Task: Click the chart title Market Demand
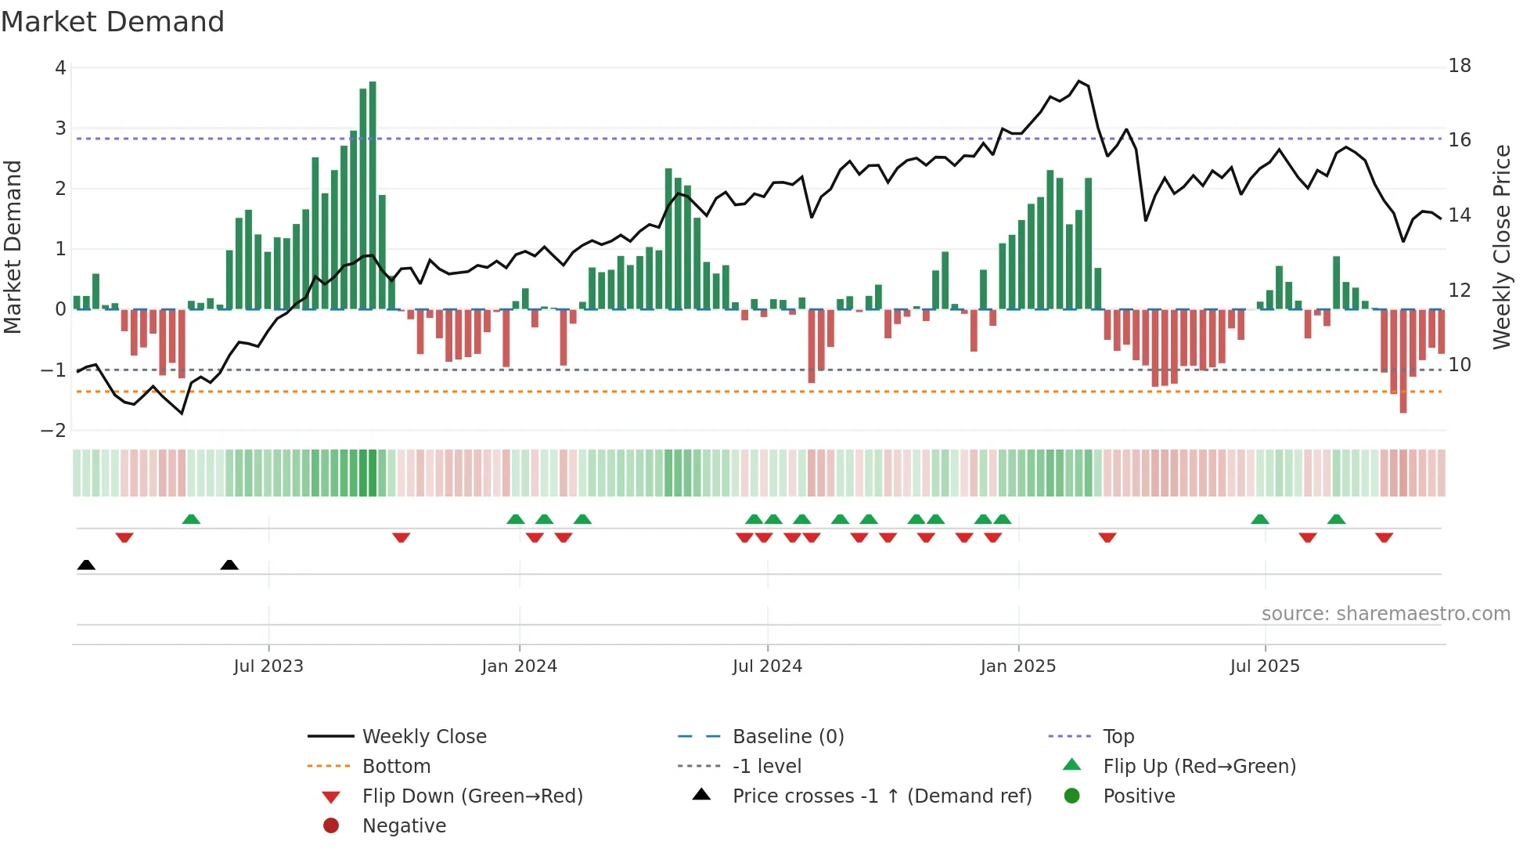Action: click(113, 22)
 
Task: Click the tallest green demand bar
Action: click(373, 196)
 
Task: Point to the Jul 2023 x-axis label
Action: click(268, 666)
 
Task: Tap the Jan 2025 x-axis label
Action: click(1017, 666)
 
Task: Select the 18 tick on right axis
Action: click(1459, 66)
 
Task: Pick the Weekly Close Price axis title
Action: click(1501, 247)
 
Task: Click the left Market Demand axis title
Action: click(13, 247)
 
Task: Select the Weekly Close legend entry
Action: click(423, 737)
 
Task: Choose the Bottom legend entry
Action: click(396, 767)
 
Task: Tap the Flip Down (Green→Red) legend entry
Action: click(472, 796)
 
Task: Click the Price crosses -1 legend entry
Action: click(881, 796)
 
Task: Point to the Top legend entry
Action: click(1118, 737)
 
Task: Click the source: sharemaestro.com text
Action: click(1385, 614)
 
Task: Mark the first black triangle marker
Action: click(86, 565)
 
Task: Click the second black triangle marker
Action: click(229, 565)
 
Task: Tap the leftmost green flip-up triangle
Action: click(191, 519)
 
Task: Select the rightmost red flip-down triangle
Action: click(1384, 537)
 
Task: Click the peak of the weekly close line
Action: click(1079, 81)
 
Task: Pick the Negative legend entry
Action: click(404, 826)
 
